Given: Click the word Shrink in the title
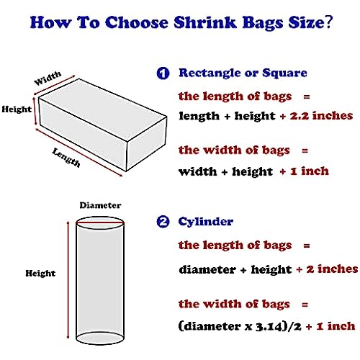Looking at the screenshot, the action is click(x=205, y=22).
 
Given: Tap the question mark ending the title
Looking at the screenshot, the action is click(x=328, y=22).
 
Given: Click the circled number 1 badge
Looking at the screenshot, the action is click(x=163, y=73).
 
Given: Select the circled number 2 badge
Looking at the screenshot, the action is click(x=163, y=222).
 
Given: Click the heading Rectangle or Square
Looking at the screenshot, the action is click(x=243, y=73).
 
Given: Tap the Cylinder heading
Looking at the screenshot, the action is click(x=205, y=222).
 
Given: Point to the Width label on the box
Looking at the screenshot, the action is click(x=48, y=78).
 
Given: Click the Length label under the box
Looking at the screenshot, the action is click(x=66, y=158).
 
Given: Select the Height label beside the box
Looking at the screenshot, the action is click(x=17, y=109).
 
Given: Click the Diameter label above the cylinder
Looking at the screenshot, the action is click(x=100, y=205).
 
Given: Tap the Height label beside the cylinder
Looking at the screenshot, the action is click(x=40, y=273).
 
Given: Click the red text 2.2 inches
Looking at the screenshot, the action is click(x=321, y=116).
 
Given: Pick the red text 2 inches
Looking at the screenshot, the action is click(x=332, y=269).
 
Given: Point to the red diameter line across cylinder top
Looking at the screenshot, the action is click(x=100, y=223).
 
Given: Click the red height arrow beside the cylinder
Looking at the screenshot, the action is click(x=68, y=280).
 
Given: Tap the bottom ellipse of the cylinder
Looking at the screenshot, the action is click(x=100, y=338).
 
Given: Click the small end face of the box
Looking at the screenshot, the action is click(x=146, y=144).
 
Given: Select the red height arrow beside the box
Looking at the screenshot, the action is click(x=35, y=111).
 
